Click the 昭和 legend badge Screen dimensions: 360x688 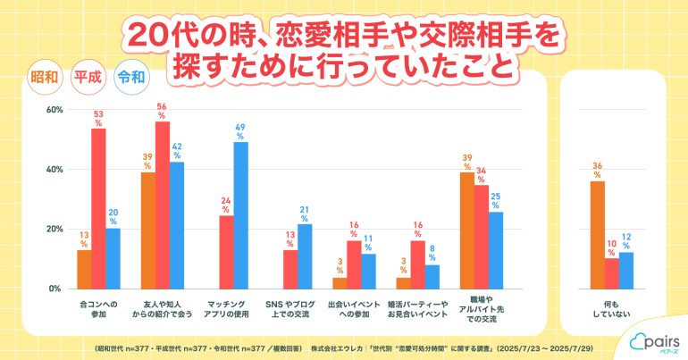point(46,77)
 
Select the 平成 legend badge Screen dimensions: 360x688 point(87,77)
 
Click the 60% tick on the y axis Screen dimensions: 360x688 point(53,110)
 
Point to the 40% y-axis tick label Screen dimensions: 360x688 point(53,170)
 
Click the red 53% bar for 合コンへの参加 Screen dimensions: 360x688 point(98,208)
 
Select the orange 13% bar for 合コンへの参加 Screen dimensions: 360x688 point(84,269)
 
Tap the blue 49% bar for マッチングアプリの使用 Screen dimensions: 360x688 point(240,215)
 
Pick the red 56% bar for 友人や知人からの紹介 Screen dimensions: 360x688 point(163,205)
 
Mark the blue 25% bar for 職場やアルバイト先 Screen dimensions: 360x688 point(496,250)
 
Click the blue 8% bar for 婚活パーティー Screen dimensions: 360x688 point(432,277)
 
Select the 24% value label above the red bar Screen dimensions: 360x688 point(226,205)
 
